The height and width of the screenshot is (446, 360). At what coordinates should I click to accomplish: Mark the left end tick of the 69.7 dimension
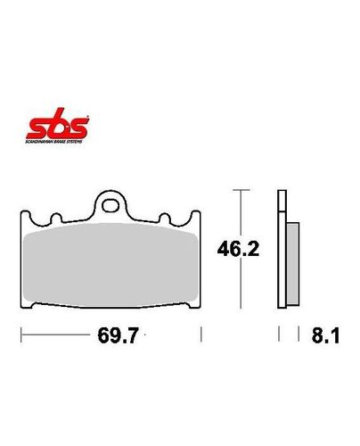click(20, 336)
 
